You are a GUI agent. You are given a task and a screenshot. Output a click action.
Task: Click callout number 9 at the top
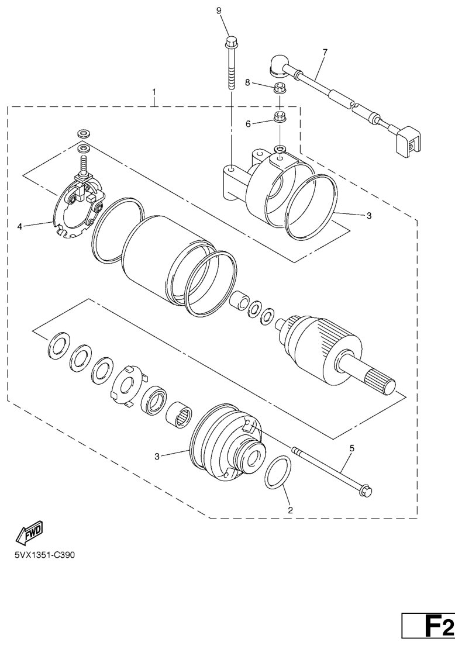tap(219, 11)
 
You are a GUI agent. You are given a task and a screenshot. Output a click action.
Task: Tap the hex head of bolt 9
tap(231, 41)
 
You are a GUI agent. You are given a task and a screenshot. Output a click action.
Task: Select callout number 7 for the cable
tap(325, 52)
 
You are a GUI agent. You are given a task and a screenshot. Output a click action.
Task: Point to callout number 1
tap(154, 91)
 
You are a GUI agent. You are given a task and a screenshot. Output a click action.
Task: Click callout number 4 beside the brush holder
tap(19, 226)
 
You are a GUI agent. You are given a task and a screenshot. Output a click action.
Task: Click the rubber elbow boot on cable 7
tap(280, 67)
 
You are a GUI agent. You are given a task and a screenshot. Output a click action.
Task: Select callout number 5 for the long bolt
tap(351, 448)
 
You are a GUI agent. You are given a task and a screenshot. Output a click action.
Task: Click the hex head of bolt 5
tap(366, 490)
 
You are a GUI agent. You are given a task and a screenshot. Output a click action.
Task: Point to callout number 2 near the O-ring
tap(290, 510)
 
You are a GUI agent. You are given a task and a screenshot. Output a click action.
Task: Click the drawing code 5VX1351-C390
tap(45, 555)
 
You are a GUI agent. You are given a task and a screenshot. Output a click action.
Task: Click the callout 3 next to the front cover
tap(157, 456)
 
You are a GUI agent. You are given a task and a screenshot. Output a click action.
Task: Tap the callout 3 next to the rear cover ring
tap(369, 215)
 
